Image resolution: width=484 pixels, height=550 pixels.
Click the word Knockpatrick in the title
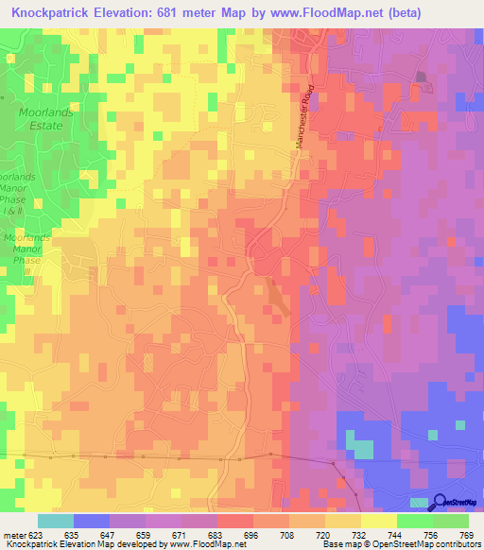coord(56,12)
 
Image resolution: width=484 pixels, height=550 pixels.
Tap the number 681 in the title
coord(187,12)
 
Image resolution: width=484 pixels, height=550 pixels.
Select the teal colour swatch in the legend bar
coord(55,521)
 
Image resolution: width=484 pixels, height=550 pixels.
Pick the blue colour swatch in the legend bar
coord(91,521)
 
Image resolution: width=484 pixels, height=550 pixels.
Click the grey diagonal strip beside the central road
coord(278,295)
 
